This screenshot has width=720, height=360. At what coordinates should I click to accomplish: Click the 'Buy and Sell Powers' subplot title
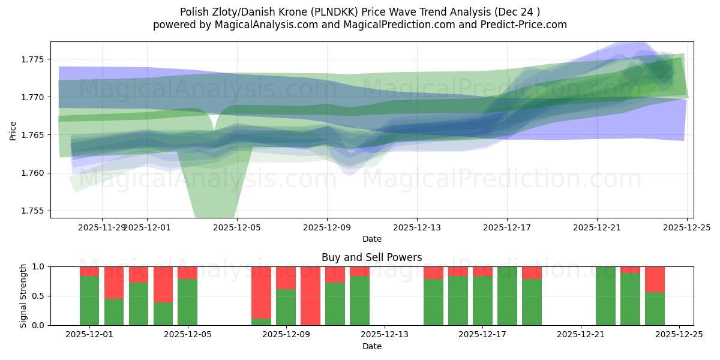(371, 257)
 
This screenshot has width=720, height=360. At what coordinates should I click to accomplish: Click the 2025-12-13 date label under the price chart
(417, 227)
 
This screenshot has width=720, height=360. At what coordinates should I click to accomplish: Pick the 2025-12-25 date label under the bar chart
(679, 335)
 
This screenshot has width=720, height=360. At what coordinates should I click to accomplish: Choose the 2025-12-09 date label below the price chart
(327, 227)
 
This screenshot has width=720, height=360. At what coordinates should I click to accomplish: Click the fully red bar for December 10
(310, 296)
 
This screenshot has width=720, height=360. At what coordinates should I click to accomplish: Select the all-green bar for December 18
(507, 296)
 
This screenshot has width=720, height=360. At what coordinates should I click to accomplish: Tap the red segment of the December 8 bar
(261, 292)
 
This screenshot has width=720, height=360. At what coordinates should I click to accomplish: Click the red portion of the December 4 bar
(163, 284)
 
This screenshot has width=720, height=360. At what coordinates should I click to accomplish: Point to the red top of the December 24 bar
(655, 279)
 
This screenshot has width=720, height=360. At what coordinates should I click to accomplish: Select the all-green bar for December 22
(605, 296)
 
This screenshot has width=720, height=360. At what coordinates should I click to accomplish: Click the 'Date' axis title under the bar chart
(371, 346)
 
